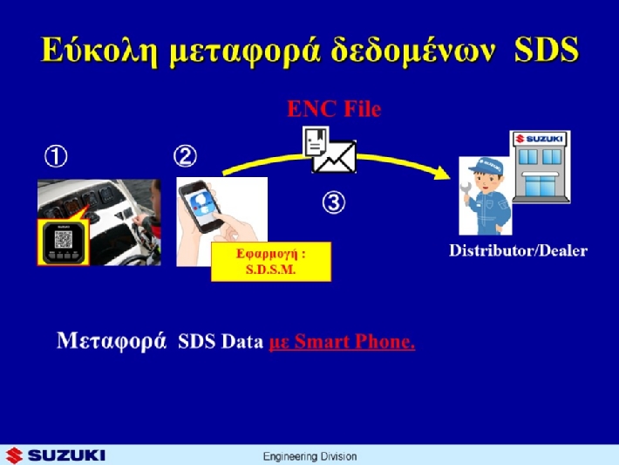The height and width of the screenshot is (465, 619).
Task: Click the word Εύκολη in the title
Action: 99,51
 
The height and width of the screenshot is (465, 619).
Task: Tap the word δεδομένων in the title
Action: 413,50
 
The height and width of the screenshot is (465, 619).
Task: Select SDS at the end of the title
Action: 548,50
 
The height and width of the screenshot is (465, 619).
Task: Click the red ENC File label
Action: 334,109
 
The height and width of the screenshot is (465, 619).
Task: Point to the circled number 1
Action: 56,156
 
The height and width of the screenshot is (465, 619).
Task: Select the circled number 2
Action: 185,155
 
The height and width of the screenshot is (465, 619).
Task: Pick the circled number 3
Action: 334,202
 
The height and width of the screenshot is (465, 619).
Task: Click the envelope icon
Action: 335,157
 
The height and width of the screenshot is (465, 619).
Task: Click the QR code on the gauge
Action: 63,239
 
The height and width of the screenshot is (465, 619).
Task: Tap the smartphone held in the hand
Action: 201,206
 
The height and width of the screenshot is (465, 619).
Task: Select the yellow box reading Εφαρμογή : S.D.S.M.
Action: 271,262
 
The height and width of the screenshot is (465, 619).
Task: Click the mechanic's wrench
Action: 466,193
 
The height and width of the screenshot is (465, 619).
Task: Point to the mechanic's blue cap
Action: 486,165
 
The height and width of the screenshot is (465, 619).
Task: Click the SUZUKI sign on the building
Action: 540,139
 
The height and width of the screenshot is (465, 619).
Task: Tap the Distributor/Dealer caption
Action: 519,250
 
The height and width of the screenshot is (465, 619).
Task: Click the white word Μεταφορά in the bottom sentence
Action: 112,340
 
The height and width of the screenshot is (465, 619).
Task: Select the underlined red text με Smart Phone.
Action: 342,341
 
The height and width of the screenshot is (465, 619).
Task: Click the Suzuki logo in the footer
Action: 55,455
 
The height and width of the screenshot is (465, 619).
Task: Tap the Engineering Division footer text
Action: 309,456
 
